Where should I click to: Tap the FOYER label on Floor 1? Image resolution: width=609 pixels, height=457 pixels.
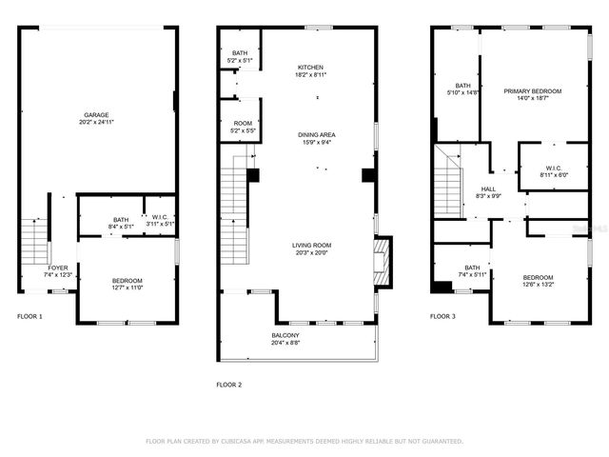(57, 268)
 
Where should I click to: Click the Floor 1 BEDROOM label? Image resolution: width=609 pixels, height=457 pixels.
(128, 280)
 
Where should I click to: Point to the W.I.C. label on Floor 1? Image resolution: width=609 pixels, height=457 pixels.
(159, 218)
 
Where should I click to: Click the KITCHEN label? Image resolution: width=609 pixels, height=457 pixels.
(310, 67)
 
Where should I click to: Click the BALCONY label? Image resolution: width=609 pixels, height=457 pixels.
(285, 335)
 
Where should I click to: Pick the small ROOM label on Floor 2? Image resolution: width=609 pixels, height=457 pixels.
(242, 123)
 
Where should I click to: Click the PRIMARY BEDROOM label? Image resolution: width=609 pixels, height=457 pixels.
(539, 90)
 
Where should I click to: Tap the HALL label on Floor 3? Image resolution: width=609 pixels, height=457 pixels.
(488, 189)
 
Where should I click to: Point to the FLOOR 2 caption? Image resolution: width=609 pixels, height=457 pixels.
(229, 385)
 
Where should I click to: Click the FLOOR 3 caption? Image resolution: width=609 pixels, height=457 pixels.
(442, 315)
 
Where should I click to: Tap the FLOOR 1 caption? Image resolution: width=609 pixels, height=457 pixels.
(29, 315)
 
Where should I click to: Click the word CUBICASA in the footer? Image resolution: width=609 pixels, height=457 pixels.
(246, 442)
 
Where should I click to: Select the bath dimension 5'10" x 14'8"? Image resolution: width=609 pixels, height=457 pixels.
(463, 92)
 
